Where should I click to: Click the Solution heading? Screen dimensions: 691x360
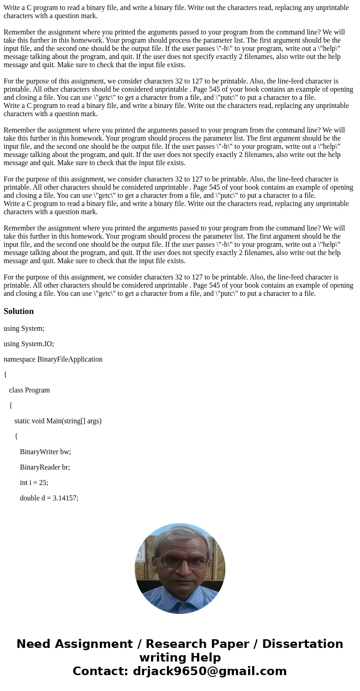(x=19, y=311)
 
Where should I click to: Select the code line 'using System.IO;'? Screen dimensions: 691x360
(x=29, y=343)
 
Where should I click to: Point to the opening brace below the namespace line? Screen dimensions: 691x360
(x=5, y=374)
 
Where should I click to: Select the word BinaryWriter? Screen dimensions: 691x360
(x=39, y=451)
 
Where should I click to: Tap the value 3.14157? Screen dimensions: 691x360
(x=63, y=498)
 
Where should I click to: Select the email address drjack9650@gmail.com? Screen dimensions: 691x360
(x=209, y=671)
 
